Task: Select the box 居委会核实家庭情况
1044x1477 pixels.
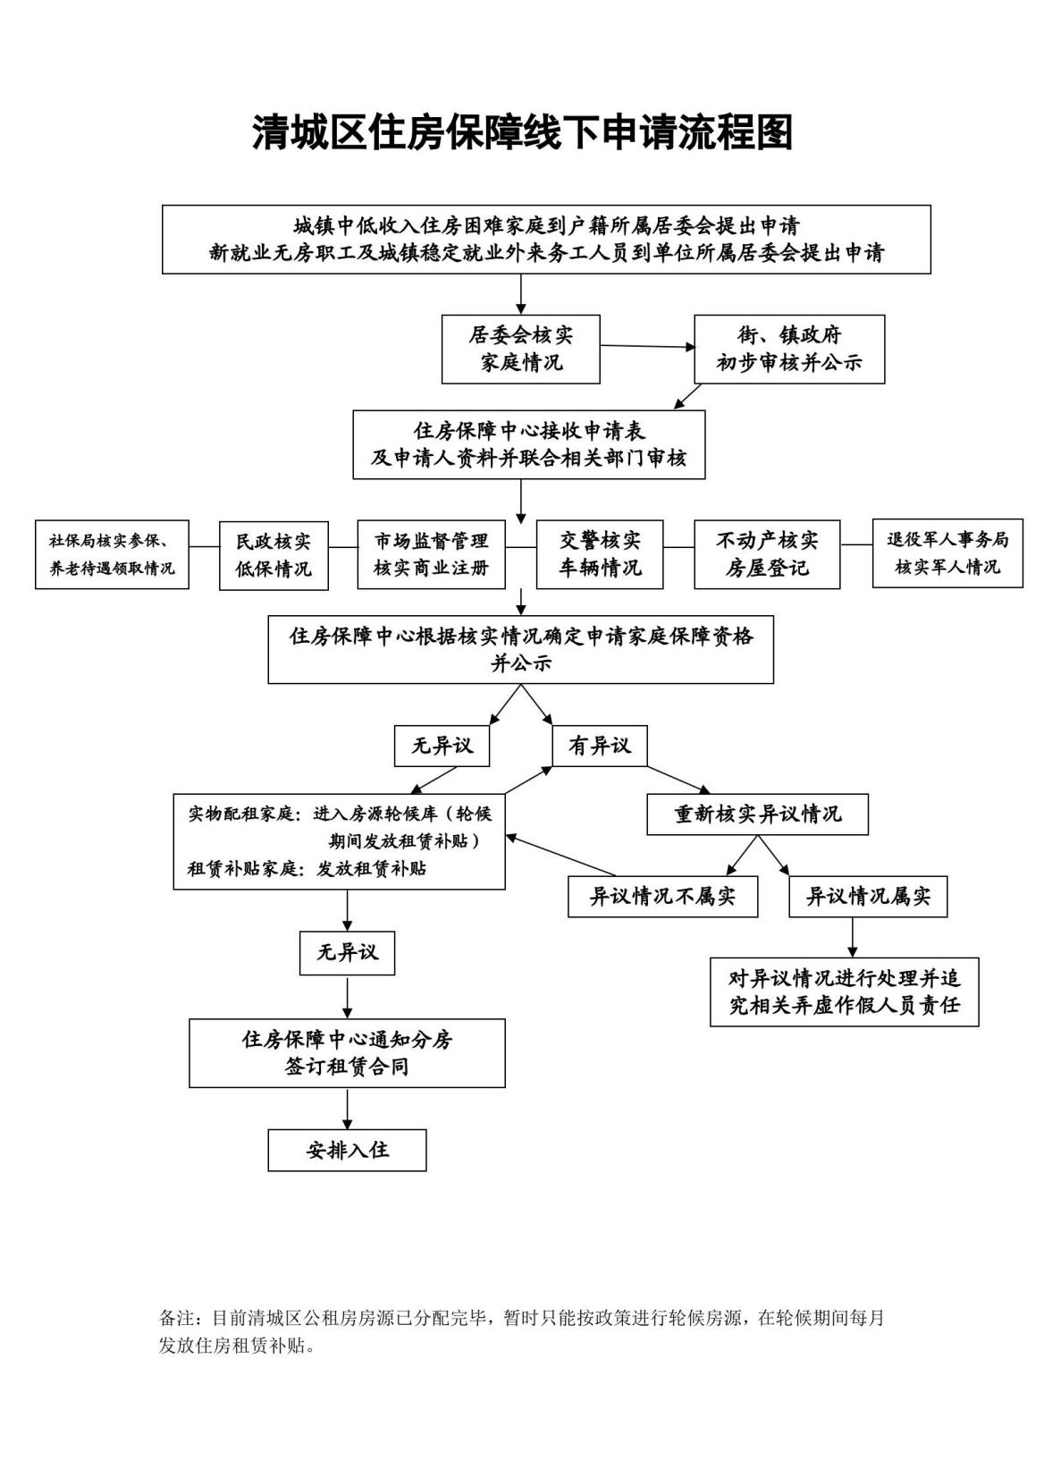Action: coord(521,350)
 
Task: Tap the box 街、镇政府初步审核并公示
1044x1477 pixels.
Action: coord(789,350)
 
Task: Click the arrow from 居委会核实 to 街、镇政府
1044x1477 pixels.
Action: coord(647,346)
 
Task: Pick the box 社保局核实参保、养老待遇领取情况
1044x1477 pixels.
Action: coord(112,555)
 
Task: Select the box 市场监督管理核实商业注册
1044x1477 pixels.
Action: coord(431,555)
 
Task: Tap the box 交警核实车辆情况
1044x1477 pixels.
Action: coord(600,555)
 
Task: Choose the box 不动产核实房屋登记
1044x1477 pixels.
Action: coord(767,555)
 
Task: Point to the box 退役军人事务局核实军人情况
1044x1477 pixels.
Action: coord(947,555)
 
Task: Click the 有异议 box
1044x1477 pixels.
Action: coord(600,747)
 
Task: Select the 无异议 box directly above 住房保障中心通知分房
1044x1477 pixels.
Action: coord(347,953)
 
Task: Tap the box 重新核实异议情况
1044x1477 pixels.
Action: coord(757,814)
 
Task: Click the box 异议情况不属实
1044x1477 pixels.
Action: coord(662,897)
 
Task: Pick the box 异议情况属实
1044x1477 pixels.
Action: coord(868,897)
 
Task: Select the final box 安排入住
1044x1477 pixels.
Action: coord(347,1151)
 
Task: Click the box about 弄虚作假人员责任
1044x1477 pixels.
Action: coord(844,992)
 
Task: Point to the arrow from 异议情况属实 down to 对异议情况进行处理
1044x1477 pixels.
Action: coord(852,938)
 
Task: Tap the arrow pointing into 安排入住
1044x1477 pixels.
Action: coord(347,1109)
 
